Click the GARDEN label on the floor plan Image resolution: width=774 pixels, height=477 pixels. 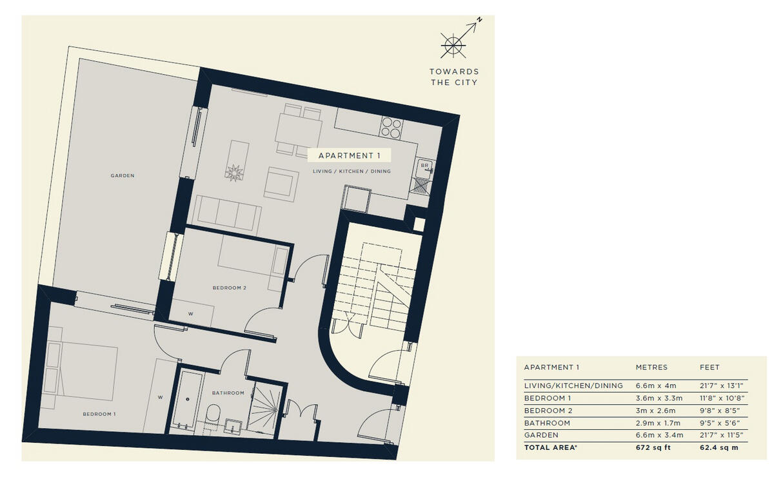(x=122, y=175)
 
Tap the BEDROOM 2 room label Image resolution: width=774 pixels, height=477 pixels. (x=230, y=288)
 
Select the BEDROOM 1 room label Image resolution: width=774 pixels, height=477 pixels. (x=99, y=414)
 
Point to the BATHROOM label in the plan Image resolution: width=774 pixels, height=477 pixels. (x=228, y=393)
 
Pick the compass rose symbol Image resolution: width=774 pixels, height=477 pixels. (x=453, y=44)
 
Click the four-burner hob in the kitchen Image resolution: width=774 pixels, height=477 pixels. (x=391, y=127)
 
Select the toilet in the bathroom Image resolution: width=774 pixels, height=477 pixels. (x=213, y=415)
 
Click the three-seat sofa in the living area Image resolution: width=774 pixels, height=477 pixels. (x=227, y=213)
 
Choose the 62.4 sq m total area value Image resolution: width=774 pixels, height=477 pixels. (x=719, y=447)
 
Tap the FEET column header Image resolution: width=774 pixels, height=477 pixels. (x=709, y=367)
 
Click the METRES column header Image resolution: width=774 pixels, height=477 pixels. (x=651, y=367)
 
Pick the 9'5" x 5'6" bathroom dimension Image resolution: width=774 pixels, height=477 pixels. (x=720, y=423)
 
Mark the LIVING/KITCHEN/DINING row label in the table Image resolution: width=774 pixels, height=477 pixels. (x=573, y=385)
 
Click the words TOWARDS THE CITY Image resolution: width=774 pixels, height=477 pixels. (x=454, y=77)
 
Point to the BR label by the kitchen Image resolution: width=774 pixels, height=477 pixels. (x=424, y=166)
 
